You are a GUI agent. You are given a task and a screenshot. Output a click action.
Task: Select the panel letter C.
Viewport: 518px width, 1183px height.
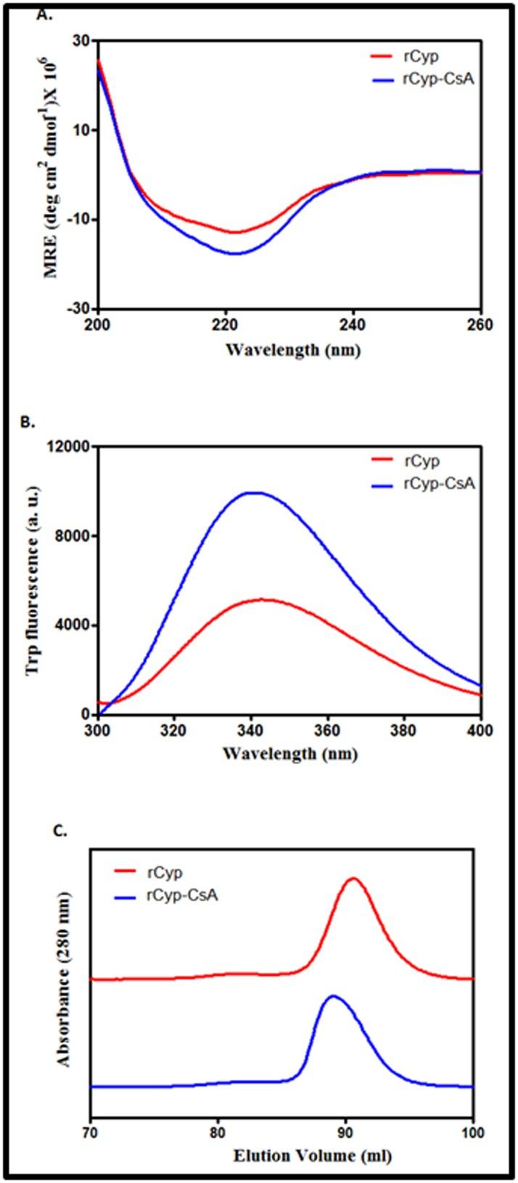42,831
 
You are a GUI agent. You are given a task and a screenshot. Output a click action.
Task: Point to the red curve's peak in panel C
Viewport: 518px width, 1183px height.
354,878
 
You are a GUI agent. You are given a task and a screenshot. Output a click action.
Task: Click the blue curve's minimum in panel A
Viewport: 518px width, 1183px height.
235,254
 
